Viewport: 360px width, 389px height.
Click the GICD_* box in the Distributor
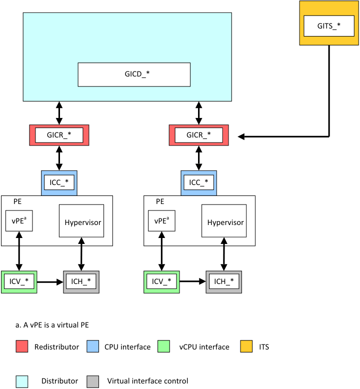[134, 74]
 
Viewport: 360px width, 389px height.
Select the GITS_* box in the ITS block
[328, 25]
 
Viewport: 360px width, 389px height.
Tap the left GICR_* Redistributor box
[59, 135]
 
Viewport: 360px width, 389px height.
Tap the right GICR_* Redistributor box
[199, 135]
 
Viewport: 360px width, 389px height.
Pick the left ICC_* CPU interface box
[59, 182]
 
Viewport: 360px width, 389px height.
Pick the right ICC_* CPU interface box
[199, 182]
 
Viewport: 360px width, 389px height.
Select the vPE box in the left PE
[19, 220]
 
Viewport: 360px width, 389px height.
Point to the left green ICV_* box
[19, 282]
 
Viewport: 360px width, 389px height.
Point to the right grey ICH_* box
[224, 282]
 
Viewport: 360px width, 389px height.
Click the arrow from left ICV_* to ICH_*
[50, 282]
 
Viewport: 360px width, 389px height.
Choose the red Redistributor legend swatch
[22, 346]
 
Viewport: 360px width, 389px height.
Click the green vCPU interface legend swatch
[164, 346]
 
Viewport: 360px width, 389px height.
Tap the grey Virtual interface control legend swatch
[92, 381]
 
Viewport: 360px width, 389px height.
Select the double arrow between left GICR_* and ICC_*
[59, 158]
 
